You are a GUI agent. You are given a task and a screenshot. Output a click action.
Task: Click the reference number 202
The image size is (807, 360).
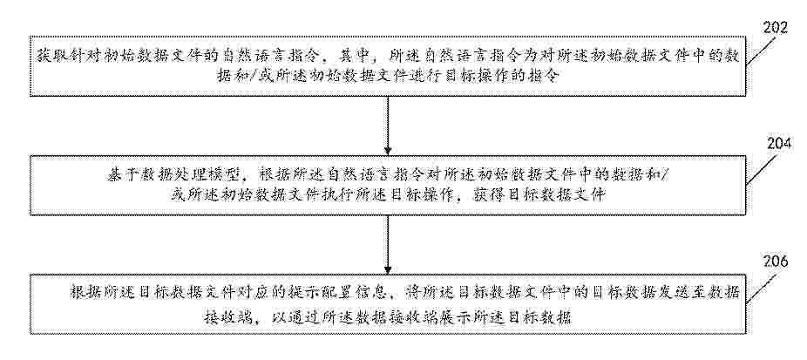pos(775,28)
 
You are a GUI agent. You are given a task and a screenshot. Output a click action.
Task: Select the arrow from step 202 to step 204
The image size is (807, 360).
pos(388,126)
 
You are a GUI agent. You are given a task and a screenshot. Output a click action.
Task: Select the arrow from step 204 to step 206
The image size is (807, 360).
pos(388,242)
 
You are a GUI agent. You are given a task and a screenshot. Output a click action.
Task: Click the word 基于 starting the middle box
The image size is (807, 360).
pos(119,174)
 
